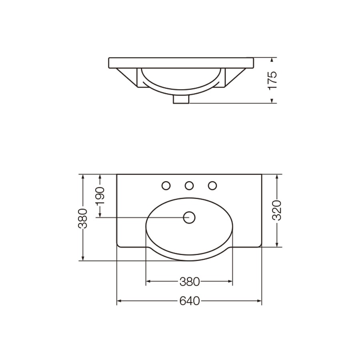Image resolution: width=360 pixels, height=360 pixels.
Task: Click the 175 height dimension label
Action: [272, 80]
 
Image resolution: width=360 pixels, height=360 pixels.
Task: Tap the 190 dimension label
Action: [100, 196]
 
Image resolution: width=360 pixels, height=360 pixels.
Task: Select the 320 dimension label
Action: [277, 210]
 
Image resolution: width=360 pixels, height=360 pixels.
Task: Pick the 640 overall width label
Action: [190, 301]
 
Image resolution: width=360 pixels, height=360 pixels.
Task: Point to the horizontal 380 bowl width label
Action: [190, 282]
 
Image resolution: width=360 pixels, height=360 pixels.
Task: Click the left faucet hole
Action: [166, 186]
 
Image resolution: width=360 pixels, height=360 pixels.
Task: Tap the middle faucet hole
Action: [189, 186]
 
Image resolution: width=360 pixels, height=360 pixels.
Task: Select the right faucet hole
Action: [212, 186]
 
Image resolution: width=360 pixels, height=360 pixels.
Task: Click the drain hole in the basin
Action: [189, 218]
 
